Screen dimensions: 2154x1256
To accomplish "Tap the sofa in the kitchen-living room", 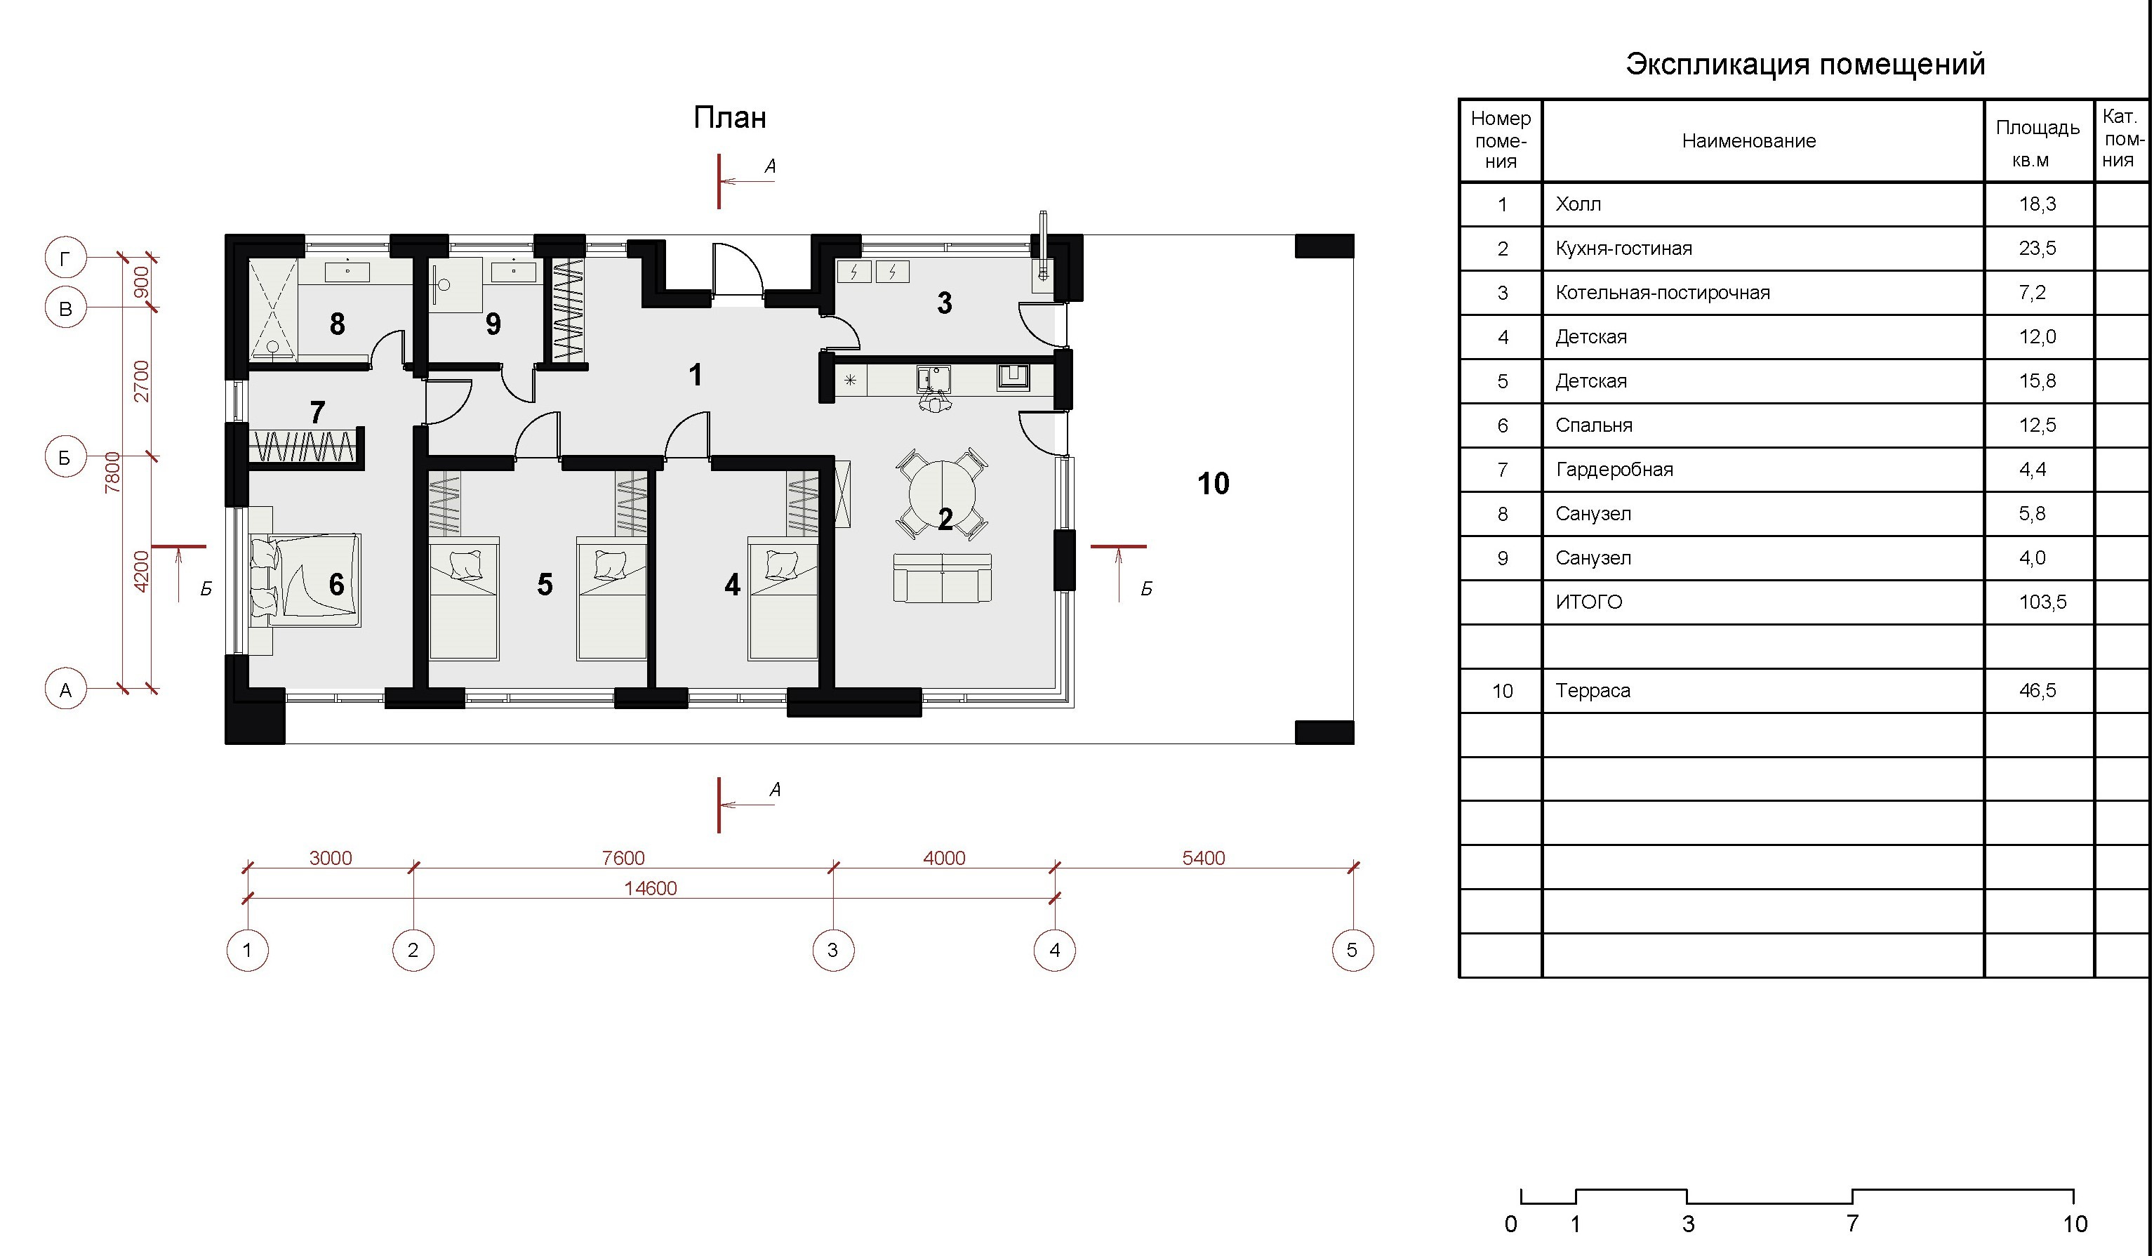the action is tap(942, 577).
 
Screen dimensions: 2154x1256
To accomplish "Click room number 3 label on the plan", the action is tap(945, 303).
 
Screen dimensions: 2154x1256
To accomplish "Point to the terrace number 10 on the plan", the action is tap(1213, 484).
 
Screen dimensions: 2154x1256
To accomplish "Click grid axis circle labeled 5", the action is tap(1352, 950).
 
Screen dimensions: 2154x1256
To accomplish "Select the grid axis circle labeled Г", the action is tap(66, 258).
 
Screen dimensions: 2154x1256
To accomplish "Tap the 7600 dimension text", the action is tap(623, 857).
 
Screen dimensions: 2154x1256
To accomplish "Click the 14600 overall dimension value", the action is tap(651, 888).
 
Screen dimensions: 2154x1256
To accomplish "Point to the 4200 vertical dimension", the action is tap(142, 570).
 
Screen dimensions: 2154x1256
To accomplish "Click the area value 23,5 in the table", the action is tap(2037, 249).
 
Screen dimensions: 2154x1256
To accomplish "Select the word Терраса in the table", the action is tap(1593, 691).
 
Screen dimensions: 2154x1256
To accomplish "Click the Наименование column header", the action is tap(1749, 141).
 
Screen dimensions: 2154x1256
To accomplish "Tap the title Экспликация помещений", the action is tap(1805, 64).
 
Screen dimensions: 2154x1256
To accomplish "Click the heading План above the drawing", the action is tap(729, 117).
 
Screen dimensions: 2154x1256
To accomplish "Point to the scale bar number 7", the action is tap(1852, 1224).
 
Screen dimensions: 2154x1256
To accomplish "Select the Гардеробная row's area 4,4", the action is tap(2032, 470).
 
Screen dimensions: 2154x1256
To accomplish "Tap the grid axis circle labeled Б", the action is tap(65, 458).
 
